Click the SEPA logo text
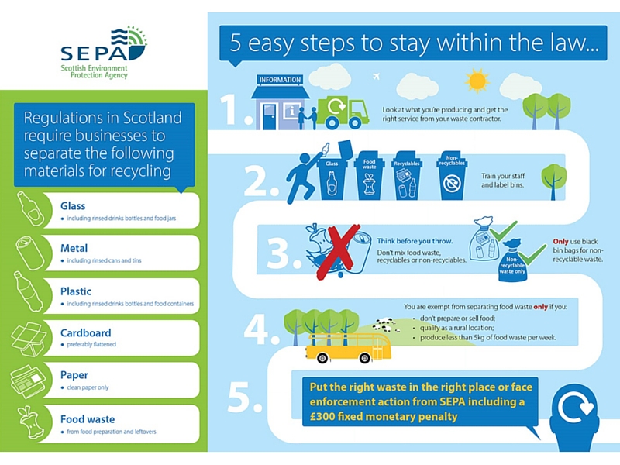tap(91, 52)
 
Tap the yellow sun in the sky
tap(476, 80)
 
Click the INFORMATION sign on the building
tap(280, 80)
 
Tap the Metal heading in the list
tap(74, 249)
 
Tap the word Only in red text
tap(561, 239)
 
